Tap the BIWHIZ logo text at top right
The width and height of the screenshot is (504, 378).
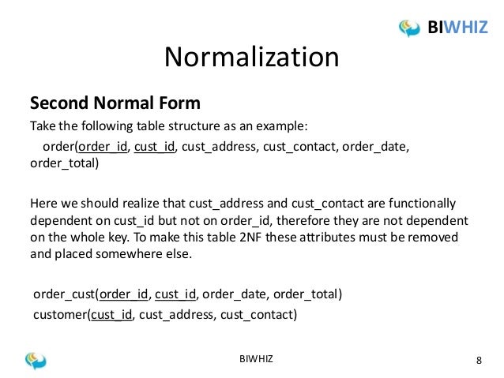click(457, 29)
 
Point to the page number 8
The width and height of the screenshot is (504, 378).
click(479, 361)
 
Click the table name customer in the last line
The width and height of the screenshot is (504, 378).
click(59, 316)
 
